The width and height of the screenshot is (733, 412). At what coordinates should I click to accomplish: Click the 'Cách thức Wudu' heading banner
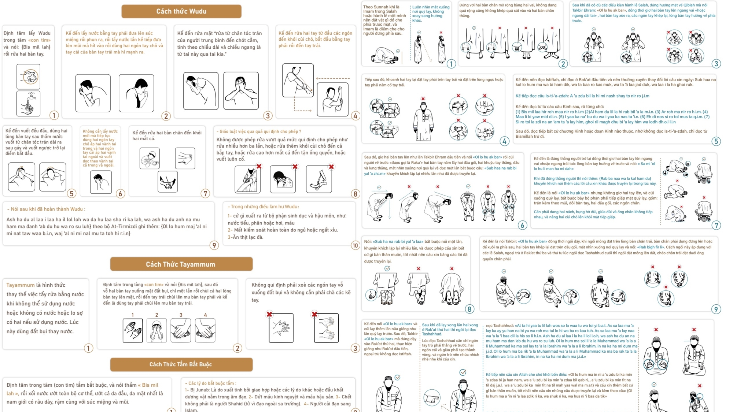(181, 11)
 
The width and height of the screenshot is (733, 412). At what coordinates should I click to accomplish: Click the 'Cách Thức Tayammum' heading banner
(181, 264)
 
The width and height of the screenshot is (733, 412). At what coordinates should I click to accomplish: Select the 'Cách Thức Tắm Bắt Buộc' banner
(181, 364)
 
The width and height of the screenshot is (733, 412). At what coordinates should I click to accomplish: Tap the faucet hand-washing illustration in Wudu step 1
(28, 104)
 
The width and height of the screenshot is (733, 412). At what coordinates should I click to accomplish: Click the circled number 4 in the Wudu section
(355, 116)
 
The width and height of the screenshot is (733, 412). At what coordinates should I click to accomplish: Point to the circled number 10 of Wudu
(355, 245)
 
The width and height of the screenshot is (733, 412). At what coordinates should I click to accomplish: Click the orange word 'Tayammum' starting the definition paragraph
(21, 285)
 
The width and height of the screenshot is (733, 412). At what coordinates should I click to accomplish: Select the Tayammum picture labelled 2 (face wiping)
(156, 330)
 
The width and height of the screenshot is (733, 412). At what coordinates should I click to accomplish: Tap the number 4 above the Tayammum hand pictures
(205, 315)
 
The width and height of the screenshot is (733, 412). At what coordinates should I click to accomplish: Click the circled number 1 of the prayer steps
(451, 64)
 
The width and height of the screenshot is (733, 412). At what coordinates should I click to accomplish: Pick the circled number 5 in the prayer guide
(716, 141)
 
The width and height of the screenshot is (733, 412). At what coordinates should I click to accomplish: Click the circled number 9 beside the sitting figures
(716, 309)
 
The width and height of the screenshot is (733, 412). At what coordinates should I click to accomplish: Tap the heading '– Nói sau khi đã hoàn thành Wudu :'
(46, 209)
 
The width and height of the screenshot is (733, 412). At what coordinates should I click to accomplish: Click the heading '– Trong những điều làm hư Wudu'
(263, 207)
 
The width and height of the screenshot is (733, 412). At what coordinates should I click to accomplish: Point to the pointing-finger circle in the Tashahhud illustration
(432, 397)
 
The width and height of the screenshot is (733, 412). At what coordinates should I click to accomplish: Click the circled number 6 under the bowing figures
(523, 225)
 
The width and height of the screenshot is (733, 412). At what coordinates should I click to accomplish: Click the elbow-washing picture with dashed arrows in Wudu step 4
(298, 80)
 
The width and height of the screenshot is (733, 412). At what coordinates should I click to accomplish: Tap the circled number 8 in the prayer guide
(469, 309)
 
